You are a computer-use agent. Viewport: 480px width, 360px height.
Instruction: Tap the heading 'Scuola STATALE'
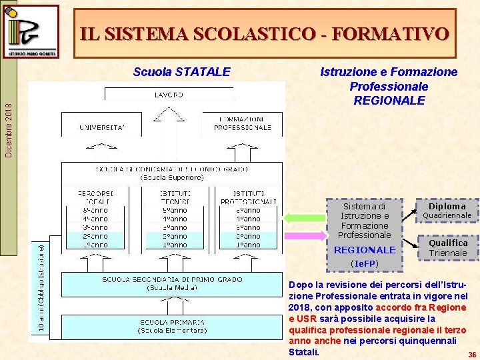182,71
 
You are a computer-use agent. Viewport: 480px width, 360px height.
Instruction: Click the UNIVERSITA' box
101,126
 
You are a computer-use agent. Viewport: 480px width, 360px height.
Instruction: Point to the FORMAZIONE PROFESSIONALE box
242,123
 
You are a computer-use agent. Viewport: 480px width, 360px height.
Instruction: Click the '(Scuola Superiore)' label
172,177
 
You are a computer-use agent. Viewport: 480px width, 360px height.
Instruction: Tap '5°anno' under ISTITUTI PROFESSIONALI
247,210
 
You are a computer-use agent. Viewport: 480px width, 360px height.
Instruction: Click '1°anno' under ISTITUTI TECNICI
175,245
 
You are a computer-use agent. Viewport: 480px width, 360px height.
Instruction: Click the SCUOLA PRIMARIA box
172,325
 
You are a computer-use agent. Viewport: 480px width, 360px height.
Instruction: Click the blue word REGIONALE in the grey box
364,250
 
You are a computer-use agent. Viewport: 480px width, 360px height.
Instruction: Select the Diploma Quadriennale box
447,211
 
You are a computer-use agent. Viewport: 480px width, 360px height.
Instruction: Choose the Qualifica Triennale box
447,248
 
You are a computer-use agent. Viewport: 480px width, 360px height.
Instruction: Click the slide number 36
471,355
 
